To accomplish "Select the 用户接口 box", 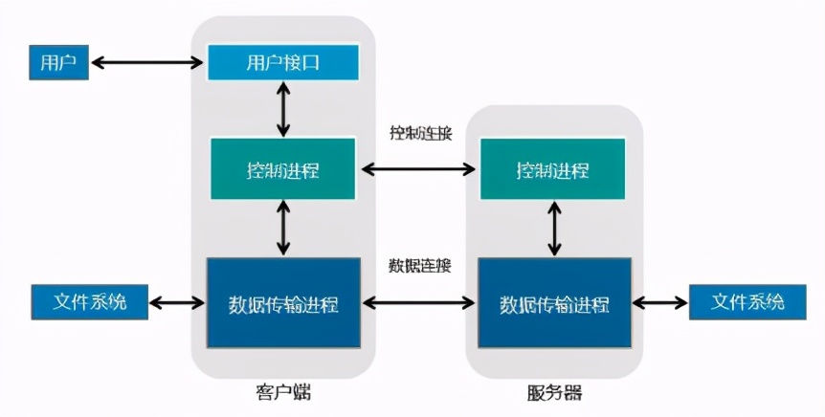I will click(x=282, y=63).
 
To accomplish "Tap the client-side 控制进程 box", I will click(x=282, y=170).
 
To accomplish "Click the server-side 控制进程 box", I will click(x=552, y=170).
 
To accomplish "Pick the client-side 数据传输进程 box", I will click(x=282, y=303).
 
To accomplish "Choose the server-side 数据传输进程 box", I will click(x=553, y=303).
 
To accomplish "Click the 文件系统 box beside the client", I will click(x=92, y=303).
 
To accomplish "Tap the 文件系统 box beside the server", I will click(x=748, y=302).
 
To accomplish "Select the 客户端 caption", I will click(x=283, y=392).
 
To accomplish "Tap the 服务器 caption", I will click(x=553, y=392).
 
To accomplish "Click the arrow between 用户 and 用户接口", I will click(x=146, y=63).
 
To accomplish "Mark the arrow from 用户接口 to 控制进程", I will click(x=282, y=109).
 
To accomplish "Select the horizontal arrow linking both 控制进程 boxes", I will click(x=419, y=170).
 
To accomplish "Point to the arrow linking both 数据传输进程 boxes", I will click(x=419, y=303).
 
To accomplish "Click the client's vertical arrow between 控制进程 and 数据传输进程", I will click(x=282, y=228).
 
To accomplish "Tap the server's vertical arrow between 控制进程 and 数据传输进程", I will click(x=553, y=229).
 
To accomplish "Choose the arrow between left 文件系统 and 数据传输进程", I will click(x=180, y=303).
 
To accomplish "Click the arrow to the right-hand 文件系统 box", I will click(x=659, y=303).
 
